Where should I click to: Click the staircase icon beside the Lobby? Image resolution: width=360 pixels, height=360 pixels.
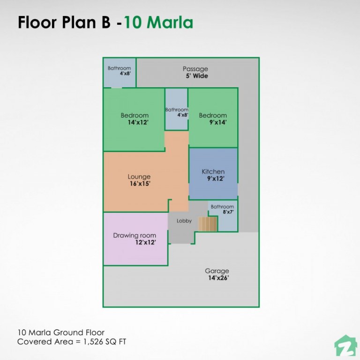click(x=208, y=224)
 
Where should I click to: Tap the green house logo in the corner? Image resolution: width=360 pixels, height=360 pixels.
click(x=345, y=345)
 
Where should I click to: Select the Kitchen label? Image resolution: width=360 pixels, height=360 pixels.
click(x=213, y=172)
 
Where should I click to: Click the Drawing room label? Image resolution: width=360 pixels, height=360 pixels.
click(x=135, y=235)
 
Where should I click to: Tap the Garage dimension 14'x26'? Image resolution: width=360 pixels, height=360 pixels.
click(x=217, y=277)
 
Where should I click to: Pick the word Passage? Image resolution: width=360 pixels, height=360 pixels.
click(x=195, y=69)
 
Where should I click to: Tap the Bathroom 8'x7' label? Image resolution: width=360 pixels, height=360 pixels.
click(x=222, y=207)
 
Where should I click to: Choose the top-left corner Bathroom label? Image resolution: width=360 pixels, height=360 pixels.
click(x=119, y=68)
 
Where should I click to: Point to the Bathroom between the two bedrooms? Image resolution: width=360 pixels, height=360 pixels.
click(x=176, y=110)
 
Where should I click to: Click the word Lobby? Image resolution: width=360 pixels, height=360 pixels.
click(x=184, y=221)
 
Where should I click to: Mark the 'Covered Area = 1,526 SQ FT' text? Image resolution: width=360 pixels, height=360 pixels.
click(x=72, y=342)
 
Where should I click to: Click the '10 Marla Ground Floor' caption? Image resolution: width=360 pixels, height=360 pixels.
click(x=61, y=332)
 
